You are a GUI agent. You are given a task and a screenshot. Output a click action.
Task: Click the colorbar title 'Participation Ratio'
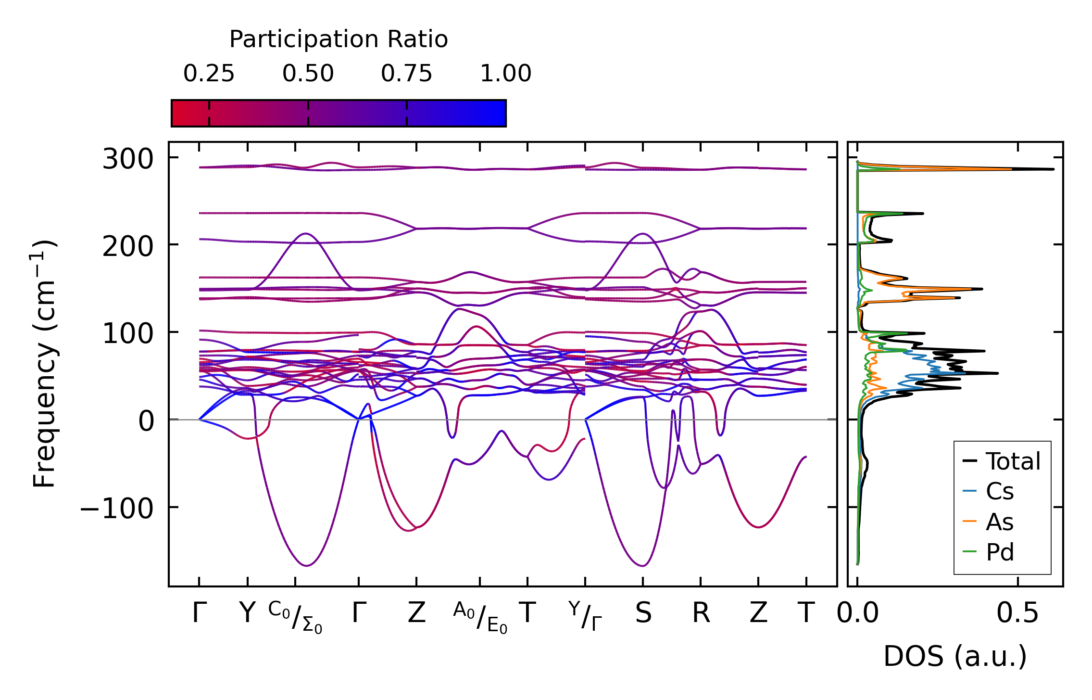pos(339,39)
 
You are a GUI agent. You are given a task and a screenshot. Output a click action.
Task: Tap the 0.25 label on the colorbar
pos(209,74)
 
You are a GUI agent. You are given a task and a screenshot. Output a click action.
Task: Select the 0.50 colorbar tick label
pos(308,74)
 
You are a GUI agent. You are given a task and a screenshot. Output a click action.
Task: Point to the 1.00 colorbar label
pos(505,74)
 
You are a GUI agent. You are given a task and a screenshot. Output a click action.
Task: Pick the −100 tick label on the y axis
pos(116,508)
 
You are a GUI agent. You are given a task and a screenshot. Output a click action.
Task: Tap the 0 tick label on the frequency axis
pos(146,421)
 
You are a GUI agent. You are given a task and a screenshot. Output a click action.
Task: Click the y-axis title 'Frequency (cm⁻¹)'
pos(45,364)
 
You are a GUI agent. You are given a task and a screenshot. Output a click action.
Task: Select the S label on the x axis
pos(643,613)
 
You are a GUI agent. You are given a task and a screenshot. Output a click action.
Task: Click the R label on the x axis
pos(701,613)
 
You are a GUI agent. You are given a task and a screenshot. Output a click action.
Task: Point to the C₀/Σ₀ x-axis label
pos(295,617)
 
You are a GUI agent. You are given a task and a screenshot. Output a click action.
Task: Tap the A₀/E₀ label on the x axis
pos(480,617)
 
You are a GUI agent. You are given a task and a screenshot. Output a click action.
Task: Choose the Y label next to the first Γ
pos(247,613)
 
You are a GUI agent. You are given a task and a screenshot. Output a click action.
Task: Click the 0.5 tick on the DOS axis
pos(1017,613)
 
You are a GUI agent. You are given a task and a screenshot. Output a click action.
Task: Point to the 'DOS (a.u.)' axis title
pos(955,656)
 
